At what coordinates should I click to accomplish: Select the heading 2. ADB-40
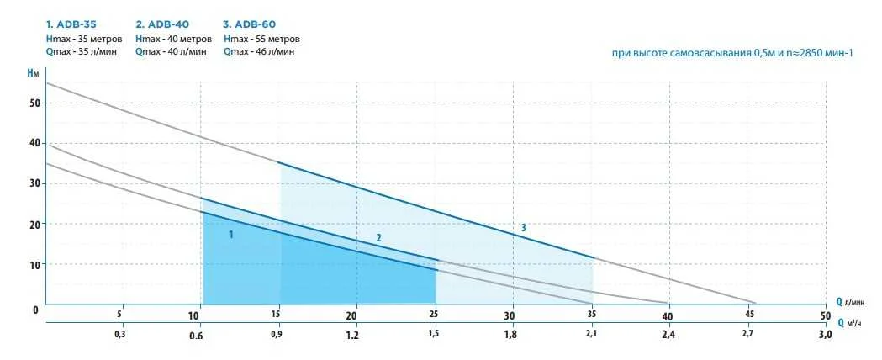(161, 24)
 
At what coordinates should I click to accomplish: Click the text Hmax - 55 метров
(261, 39)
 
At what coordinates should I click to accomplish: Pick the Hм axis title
(34, 74)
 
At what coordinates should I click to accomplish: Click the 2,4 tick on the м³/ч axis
(668, 335)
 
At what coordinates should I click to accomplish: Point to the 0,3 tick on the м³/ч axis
(120, 335)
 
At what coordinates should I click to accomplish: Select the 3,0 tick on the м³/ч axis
(825, 335)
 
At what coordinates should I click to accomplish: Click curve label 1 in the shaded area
(231, 235)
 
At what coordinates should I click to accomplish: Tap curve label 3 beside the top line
(523, 227)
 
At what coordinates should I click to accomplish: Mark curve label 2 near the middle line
(378, 238)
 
